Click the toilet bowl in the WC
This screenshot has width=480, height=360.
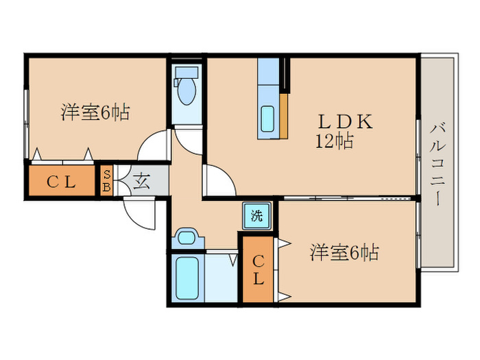point(187,91)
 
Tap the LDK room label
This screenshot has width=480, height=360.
point(346,121)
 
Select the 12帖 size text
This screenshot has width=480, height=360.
point(335,141)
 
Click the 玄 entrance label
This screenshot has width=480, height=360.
point(142,180)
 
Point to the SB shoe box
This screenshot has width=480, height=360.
point(106,180)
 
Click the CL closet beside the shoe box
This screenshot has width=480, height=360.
point(62,180)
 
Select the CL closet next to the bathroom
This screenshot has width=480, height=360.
point(258,269)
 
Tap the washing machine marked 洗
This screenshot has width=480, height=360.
point(257,216)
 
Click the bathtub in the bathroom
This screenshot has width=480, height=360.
point(187,278)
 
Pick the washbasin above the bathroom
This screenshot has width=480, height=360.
point(187,238)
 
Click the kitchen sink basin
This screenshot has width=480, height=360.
point(267,119)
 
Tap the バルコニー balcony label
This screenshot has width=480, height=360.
point(437,164)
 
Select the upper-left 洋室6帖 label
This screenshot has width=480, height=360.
point(95,112)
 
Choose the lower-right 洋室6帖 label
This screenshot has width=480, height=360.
point(344,252)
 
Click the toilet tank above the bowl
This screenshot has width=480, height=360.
point(186,73)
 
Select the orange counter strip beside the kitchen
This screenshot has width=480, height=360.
point(284,116)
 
